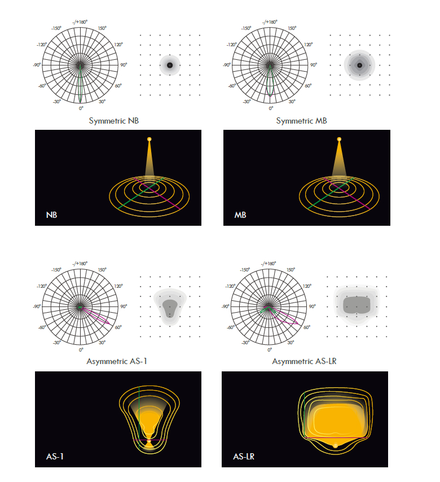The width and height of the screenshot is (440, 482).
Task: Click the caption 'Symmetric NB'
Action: [x=114, y=121]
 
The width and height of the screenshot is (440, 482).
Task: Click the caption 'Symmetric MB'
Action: [x=301, y=121]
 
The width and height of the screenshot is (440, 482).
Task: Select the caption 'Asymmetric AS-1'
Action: [x=117, y=361]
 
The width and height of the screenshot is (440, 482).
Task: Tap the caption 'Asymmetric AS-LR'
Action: [x=304, y=361]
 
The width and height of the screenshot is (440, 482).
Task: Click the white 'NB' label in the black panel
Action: [x=52, y=215]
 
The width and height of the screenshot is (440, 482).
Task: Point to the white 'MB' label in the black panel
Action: [x=240, y=215]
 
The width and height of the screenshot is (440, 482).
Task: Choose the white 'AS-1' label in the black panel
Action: [x=55, y=457]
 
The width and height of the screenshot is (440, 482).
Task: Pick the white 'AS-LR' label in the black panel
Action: [x=244, y=457]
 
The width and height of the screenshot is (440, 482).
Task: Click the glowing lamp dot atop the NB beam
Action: [x=149, y=139]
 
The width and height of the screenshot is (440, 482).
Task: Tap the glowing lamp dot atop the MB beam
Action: [x=339, y=139]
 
